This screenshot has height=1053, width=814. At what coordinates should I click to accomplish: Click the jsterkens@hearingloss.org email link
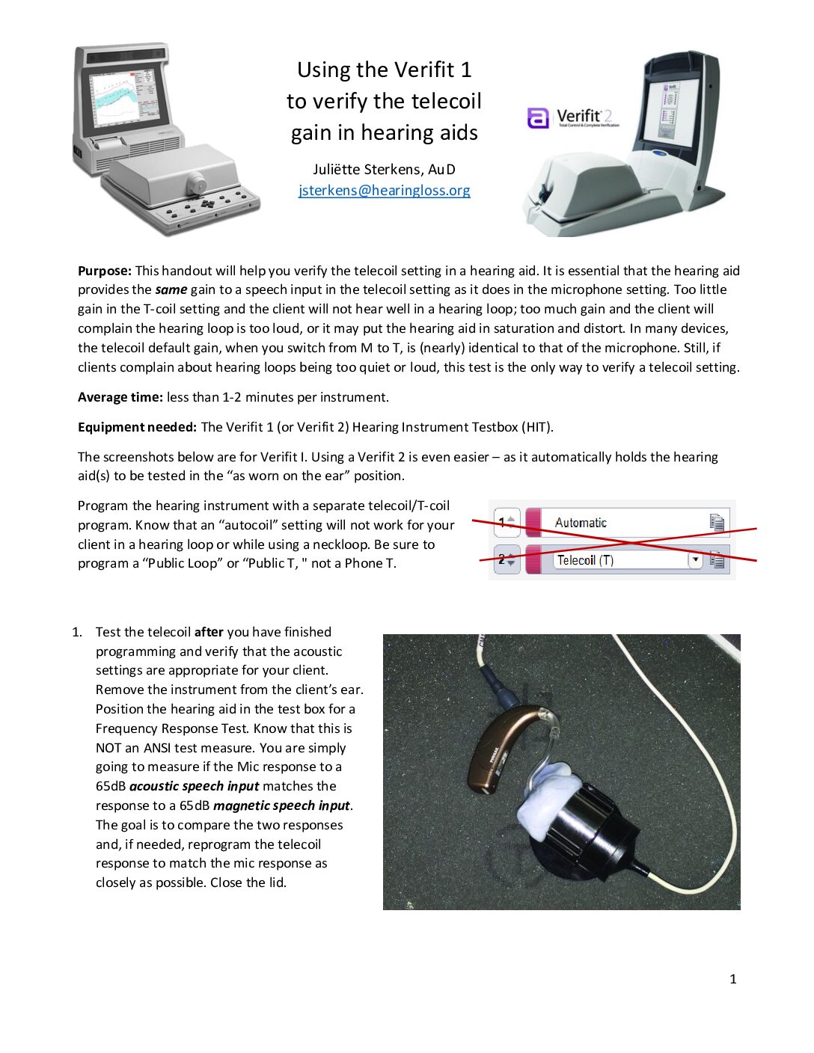click(x=384, y=190)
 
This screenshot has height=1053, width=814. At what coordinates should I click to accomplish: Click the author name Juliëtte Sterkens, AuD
click(x=384, y=169)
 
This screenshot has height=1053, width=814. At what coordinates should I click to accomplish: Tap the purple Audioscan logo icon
click(x=538, y=118)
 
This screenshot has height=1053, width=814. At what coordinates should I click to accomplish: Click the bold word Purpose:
click(x=105, y=271)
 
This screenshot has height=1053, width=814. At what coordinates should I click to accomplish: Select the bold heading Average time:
click(x=120, y=397)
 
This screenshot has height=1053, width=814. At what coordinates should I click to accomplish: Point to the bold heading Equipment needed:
click(x=137, y=427)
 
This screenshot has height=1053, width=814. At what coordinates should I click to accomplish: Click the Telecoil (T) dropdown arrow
click(x=695, y=559)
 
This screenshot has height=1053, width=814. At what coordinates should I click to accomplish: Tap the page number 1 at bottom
click(x=732, y=979)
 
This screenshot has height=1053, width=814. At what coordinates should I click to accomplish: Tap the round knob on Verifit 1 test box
click(x=196, y=182)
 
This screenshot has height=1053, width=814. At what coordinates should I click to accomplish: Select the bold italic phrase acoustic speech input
click(x=194, y=786)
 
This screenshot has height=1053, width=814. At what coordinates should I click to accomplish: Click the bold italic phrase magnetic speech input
click(x=281, y=805)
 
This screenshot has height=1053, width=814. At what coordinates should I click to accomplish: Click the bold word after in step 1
click(x=209, y=632)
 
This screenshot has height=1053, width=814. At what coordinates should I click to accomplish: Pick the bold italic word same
click(x=171, y=289)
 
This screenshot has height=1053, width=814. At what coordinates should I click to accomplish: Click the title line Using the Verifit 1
click(x=384, y=70)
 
